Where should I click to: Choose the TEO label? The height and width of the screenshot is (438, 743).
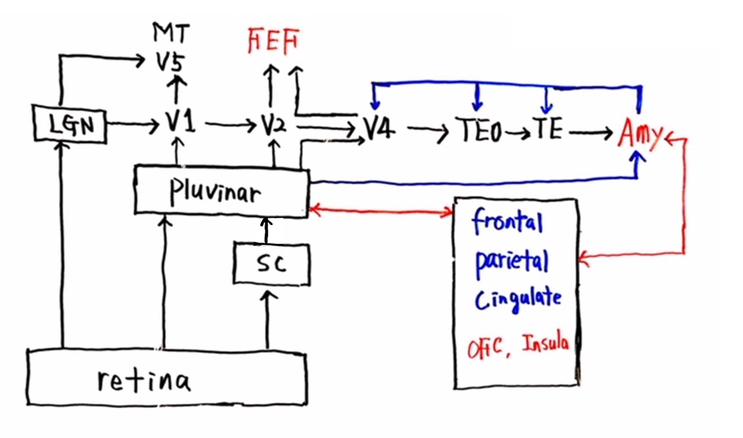(479, 130)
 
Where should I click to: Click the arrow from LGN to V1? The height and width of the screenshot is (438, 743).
(133, 124)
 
